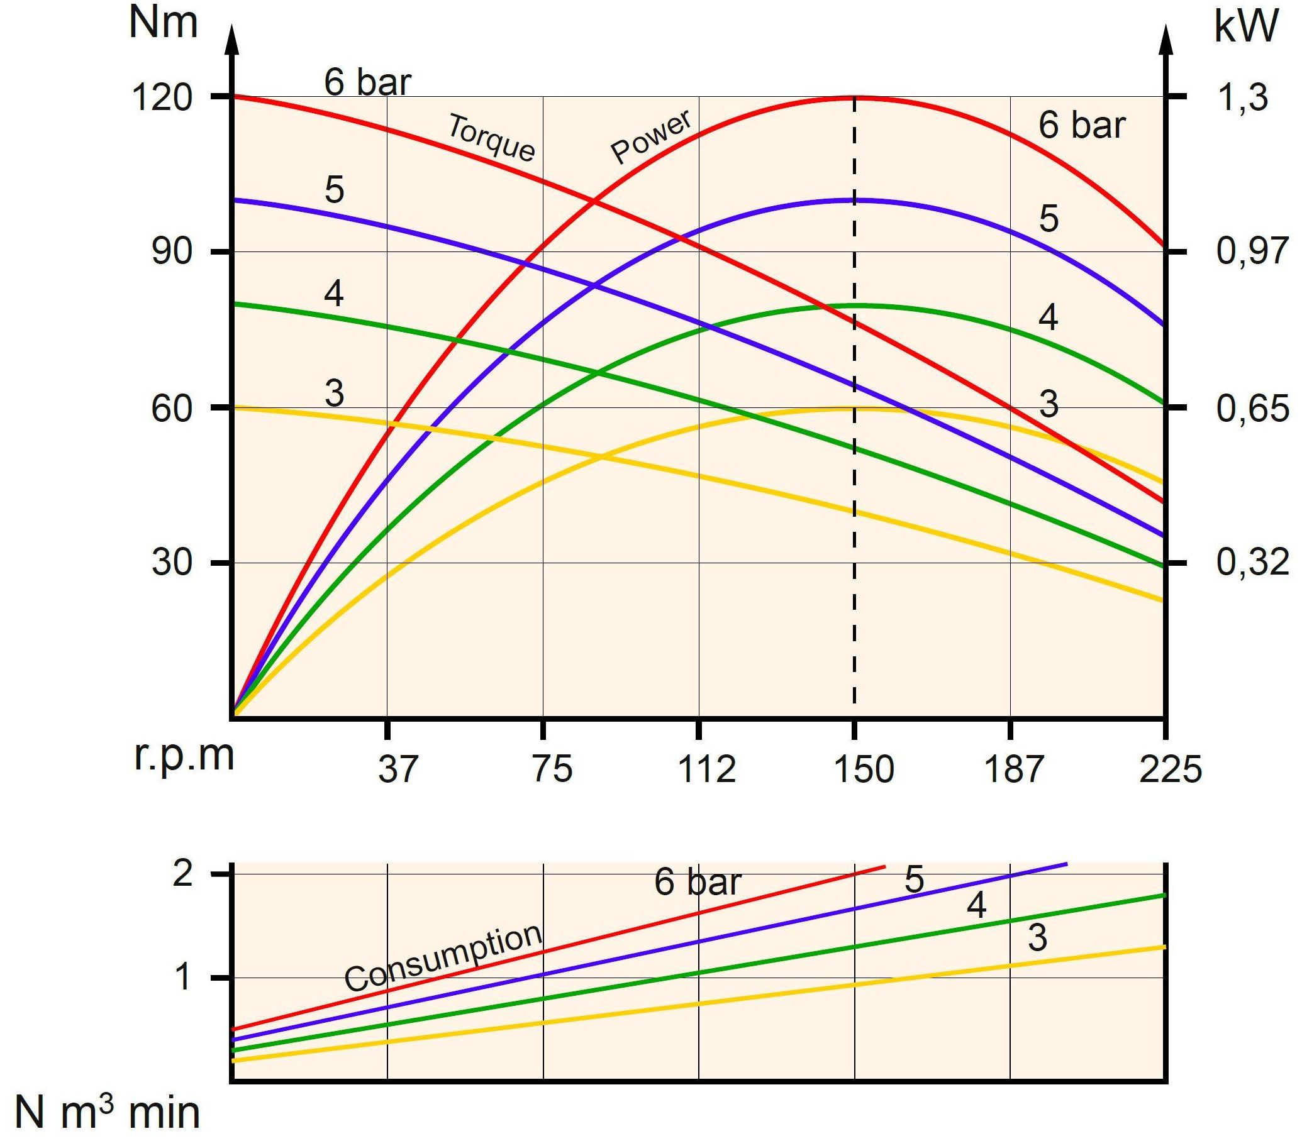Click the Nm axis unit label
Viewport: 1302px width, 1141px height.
163,24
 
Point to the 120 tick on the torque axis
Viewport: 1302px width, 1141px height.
162,98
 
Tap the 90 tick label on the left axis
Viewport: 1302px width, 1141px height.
171,253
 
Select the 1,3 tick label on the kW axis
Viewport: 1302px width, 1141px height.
1242,98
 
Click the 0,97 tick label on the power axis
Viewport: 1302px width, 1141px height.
1252,251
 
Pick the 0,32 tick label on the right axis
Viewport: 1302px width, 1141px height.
1252,563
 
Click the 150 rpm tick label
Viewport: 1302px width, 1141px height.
864,769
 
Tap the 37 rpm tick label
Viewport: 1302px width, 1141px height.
399,769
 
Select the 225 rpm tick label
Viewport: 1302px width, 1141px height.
1170,769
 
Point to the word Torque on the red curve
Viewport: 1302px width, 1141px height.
491,138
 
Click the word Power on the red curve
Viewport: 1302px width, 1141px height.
650,138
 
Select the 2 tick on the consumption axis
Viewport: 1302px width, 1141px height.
183,874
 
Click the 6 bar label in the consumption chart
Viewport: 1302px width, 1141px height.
698,883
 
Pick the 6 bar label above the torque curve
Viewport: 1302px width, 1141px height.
367,83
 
